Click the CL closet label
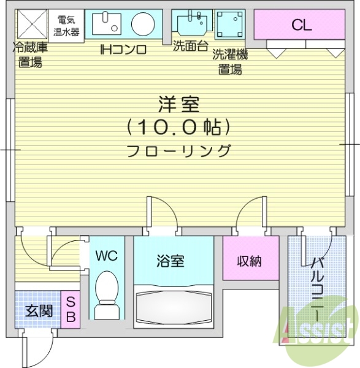coord(302,25)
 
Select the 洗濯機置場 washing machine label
coord(230,62)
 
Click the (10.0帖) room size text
coord(179,128)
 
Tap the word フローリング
coord(179,151)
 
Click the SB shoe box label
coord(71,310)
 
